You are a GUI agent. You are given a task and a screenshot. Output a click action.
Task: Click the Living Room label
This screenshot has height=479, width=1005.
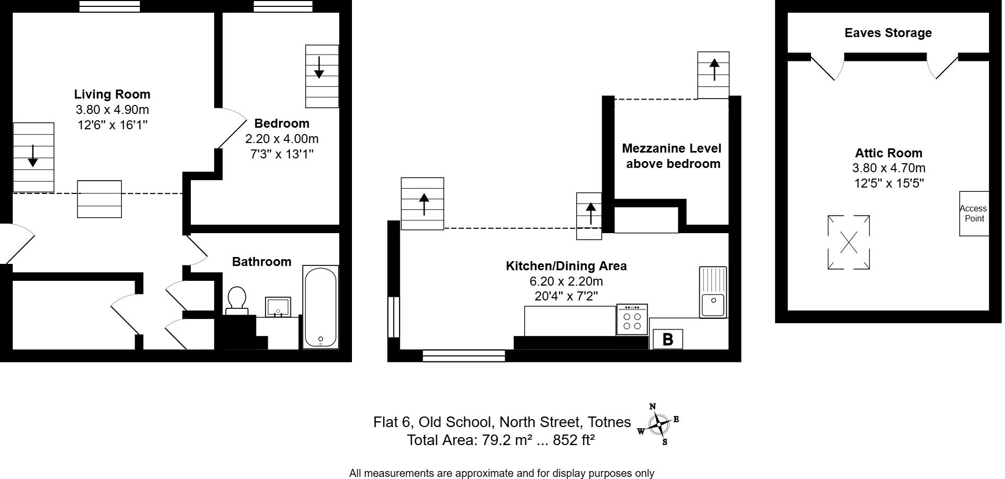(x=112, y=94)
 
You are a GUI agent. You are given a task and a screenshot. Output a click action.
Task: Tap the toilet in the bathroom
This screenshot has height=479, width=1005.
(x=236, y=299)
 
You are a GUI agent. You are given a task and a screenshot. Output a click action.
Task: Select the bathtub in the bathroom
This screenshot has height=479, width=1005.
(x=320, y=307)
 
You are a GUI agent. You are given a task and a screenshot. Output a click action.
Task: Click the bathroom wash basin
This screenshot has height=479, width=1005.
(x=278, y=307)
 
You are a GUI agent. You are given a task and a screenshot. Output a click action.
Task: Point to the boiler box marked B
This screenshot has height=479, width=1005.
(x=667, y=339)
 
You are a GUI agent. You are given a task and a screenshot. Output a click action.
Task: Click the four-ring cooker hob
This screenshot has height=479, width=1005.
(x=632, y=320)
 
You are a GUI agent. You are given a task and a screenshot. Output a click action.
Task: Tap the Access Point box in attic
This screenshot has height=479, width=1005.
(x=974, y=214)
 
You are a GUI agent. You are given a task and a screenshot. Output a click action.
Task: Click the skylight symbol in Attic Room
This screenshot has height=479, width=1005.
(x=848, y=242)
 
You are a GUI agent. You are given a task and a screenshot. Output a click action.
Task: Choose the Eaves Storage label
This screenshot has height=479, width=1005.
(x=888, y=33)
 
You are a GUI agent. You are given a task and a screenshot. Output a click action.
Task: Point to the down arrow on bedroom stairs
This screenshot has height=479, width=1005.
(x=319, y=67)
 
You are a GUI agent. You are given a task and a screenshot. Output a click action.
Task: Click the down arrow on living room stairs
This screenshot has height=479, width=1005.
(x=33, y=155)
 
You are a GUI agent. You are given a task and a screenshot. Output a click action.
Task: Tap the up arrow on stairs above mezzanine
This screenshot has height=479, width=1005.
(x=714, y=69)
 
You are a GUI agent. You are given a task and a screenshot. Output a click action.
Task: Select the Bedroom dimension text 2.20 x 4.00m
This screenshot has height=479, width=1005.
(x=281, y=139)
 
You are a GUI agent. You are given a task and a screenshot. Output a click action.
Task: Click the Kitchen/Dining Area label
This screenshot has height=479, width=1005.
(x=566, y=266)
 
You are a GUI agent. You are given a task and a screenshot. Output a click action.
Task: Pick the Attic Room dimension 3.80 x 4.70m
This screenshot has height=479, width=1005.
(x=888, y=168)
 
